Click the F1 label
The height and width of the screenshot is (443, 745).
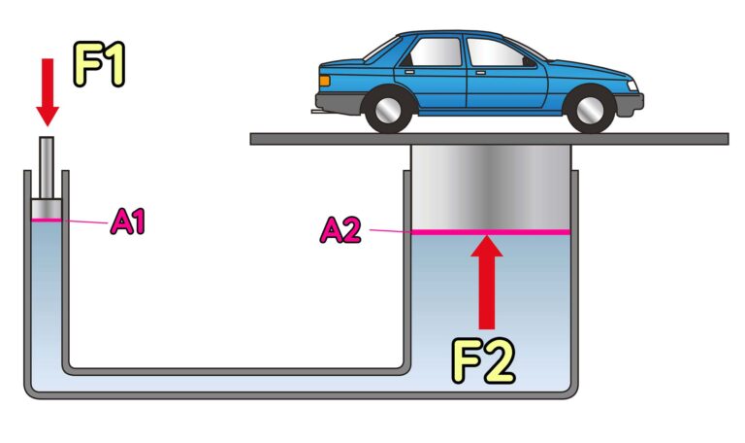[99, 64]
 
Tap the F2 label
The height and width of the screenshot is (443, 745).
[483, 361]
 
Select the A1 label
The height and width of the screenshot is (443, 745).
[127, 221]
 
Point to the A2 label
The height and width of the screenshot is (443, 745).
[340, 230]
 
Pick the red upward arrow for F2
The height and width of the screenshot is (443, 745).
[487, 282]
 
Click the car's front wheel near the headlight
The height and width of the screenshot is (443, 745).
[590, 110]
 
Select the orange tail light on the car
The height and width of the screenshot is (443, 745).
[325, 81]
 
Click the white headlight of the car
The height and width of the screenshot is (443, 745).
[632, 85]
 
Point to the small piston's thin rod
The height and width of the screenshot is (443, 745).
[47, 168]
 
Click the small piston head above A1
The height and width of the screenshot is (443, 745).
[47, 210]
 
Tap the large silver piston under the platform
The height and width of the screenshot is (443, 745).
[491, 187]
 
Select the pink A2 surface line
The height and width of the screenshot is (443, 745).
[491, 232]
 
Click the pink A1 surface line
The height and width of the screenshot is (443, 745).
[47, 220]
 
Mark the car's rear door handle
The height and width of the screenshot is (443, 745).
[409, 72]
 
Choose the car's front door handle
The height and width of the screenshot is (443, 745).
[480, 72]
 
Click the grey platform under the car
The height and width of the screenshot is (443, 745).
[489, 139]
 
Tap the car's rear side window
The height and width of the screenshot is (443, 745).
[434, 51]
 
